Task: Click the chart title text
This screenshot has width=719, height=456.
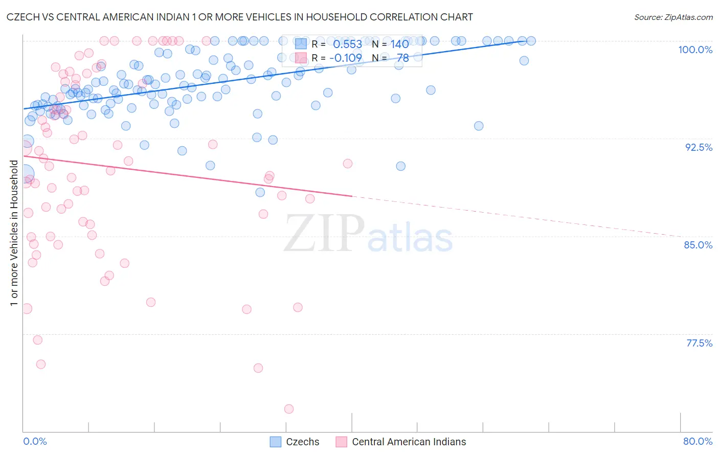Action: click(x=239, y=17)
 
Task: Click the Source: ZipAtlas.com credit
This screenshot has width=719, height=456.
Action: click(x=673, y=17)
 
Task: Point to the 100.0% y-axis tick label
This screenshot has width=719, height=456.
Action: click(x=695, y=50)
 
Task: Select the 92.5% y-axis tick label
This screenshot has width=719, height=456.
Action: click(x=699, y=147)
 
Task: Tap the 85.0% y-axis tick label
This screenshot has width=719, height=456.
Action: click(x=698, y=245)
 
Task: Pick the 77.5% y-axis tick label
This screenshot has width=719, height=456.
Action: click(x=699, y=343)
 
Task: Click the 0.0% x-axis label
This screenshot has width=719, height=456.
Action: click(x=35, y=441)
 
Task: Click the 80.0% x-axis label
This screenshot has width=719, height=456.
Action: click(x=698, y=441)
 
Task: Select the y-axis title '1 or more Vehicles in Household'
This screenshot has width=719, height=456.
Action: click(x=14, y=233)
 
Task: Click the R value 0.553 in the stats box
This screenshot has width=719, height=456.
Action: click(x=347, y=44)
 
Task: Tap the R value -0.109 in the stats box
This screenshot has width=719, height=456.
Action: click(x=346, y=58)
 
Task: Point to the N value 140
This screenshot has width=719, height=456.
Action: click(x=399, y=44)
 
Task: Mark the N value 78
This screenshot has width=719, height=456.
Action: click(x=403, y=58)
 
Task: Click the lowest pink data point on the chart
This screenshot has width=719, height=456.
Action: click(x=289, y=409)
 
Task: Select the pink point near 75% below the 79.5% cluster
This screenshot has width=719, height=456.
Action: click(x=258, y=368)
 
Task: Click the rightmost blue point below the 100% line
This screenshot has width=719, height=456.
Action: click(x=524, y=61)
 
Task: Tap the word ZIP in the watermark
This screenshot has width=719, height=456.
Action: click(x=324, y=234)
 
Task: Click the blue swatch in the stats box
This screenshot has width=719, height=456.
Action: click(x=301, y=44)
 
